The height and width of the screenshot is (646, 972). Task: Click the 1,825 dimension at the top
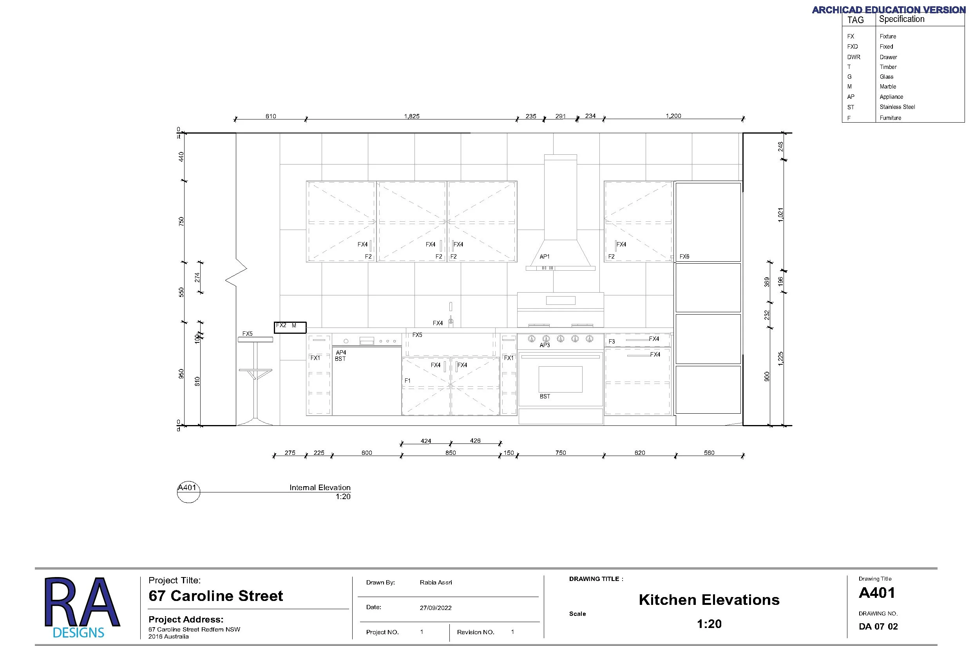(412, 116)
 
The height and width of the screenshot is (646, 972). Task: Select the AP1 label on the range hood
(544, 257)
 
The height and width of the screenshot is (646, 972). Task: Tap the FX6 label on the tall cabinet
(684, 257)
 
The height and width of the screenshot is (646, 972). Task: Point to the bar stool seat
(255, 340)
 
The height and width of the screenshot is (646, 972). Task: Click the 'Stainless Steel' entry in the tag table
(897, 107)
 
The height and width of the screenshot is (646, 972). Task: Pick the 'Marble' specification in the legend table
(887, 87)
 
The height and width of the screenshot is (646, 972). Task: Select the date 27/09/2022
(436, 608)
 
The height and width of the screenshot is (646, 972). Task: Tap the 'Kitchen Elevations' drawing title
(709, 600)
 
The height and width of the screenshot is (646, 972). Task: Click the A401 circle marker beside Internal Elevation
(188, 492)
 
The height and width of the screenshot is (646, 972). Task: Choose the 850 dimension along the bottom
(451, 453)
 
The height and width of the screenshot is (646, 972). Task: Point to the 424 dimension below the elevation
(425, 441)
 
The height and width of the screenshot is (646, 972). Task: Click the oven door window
(560, 380)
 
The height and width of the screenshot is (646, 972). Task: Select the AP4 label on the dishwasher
(341, 353)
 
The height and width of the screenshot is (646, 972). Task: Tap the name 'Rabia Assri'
(436, 583)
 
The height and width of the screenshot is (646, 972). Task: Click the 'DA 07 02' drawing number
(878, 627)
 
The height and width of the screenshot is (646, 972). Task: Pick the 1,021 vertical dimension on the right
(780, 215)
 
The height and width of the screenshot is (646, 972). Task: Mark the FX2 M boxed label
(290, 328)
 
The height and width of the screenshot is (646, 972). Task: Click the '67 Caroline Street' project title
(215, 596)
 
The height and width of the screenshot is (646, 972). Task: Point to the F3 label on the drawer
(612, 342)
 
